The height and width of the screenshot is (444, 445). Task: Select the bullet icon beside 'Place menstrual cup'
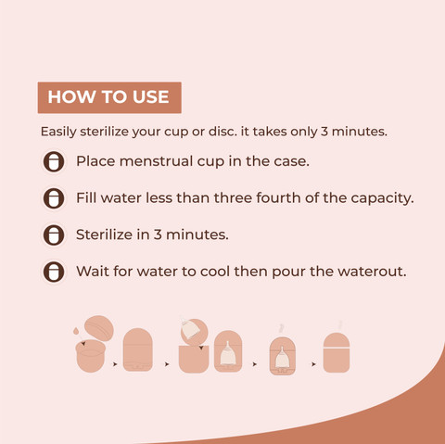pos(54,161)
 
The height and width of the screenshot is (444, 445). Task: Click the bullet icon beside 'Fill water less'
pos(54,198)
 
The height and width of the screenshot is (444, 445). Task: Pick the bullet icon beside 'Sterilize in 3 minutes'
pos(54,235)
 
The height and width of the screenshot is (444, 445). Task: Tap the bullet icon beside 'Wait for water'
pos(54,272)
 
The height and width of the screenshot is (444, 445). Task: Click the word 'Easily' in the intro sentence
pos(58,132)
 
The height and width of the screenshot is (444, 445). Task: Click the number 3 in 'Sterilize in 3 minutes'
pos(158,235)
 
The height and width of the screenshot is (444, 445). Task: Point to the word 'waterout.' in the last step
pos(372,272)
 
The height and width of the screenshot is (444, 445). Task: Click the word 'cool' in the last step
pos(215,272)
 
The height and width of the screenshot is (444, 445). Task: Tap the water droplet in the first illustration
pos(76,332)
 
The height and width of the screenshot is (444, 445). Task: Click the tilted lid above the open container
pos(99,328)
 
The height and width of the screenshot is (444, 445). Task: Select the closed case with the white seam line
pos(337,352)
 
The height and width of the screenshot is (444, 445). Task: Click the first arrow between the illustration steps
pos(115,364)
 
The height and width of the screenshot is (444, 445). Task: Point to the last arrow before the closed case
pos(313,364)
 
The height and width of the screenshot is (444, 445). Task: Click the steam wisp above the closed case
pos(340,325)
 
